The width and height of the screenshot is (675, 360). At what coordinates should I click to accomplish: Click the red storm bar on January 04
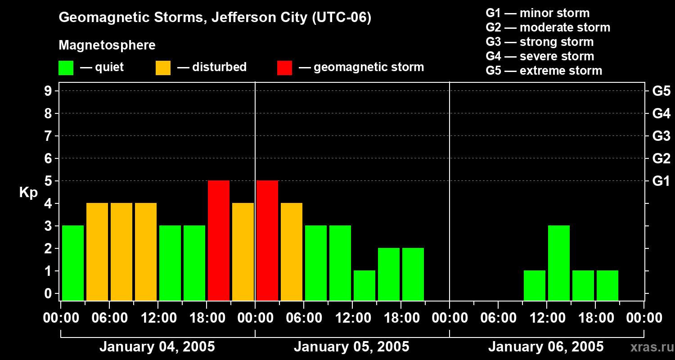(219, 240)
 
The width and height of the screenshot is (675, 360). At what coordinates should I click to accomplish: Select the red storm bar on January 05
(267, 240)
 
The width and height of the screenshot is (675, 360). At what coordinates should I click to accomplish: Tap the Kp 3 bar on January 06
(559, 263)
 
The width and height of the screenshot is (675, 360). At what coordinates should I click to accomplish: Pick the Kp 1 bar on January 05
(364, 285)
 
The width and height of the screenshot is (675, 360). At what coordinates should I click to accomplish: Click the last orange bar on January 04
(243, 252)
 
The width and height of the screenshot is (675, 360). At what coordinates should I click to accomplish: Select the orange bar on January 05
(292, 252)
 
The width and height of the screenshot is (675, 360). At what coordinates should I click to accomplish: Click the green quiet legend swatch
(66, 67)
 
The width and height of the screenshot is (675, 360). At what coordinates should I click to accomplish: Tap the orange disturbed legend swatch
(163, 67)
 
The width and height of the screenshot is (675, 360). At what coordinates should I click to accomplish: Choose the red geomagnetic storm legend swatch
(284, 67)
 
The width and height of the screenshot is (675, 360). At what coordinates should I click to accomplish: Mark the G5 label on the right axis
(661, 91)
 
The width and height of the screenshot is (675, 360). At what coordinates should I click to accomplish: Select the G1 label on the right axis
(661, 181)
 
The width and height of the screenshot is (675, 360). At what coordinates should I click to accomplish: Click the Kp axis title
(28, 193)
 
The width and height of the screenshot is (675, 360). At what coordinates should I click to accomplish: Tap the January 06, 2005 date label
(546, 347)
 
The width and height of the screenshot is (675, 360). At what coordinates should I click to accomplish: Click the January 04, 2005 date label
(157, 347)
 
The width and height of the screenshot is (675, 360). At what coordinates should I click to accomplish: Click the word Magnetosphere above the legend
(107, 45)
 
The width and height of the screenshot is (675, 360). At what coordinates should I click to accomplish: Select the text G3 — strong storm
(540, 42)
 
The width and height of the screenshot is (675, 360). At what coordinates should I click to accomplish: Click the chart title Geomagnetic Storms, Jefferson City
(215, 18)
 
